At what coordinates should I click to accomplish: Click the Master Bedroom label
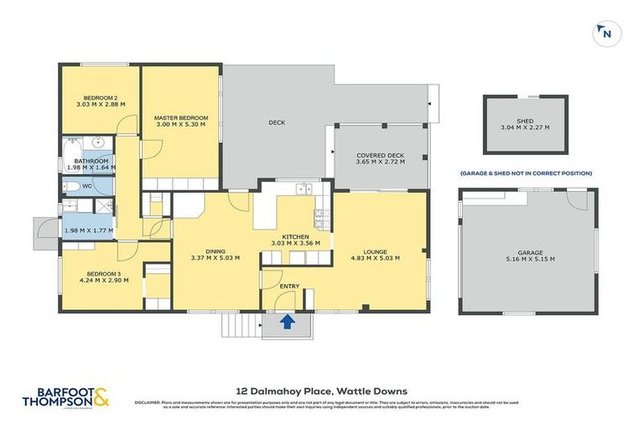pyautogui.click(x=180, y=117)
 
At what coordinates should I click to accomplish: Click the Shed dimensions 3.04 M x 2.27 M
pyautogui.click(x=525, y=128)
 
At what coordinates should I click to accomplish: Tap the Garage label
pyautogui.click(x=530, y=252)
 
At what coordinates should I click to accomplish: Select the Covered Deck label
pyautogui.click(x=380, y=155)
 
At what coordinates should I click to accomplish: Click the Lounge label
pyautogui.click(x=380, y=250)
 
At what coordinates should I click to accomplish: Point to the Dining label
pyautogui.click(x=216, y=250)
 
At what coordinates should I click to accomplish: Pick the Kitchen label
pyautogui.click(x=296, y=237)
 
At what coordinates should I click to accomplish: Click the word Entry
pyautogui.click(x=289, y=287)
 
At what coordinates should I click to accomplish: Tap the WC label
pyautogui.click(x=87, y=186)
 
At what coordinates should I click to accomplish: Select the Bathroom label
pyautogui.click(x=91, y=160)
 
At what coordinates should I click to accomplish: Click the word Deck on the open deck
pyautogui.click(x=277, y=123)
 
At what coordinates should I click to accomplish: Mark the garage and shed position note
pyautogui.click(x=525, y=173)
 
